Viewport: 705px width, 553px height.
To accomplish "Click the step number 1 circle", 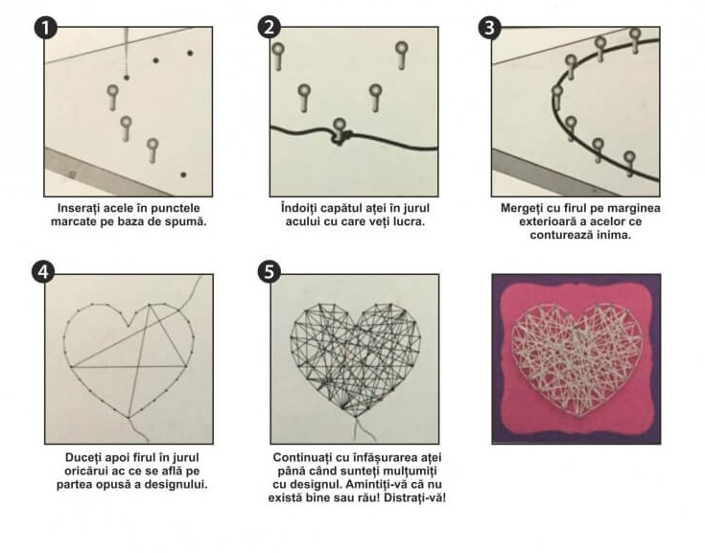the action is coord(45,29).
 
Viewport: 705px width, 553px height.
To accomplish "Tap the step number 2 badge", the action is coord(269,28).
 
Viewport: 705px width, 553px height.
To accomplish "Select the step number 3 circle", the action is coord(489,28).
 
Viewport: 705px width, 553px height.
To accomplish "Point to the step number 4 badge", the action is coord(43,272).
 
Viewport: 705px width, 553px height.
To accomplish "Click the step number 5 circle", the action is coord(269,272).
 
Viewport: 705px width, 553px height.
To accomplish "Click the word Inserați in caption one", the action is coord(79,208).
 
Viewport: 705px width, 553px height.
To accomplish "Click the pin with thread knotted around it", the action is coord(340,131).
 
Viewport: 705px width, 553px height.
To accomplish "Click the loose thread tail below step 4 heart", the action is coord(138,430).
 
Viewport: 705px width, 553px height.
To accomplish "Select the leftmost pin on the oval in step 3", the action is coord(557,97).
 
